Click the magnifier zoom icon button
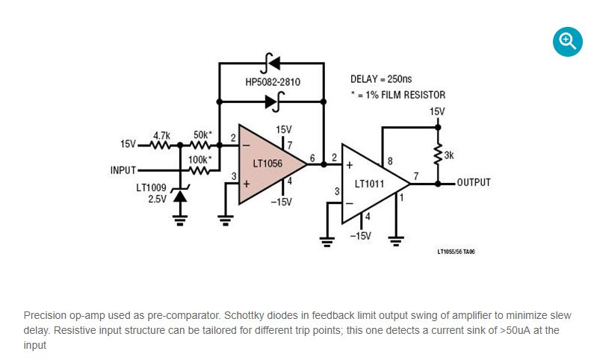[567, 42]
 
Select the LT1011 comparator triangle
[371, 182]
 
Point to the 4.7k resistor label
[161, 135]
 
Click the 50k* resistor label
[202, 135]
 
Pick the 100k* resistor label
[199, 160]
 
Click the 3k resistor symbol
[437, 155]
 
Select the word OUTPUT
[474, 182]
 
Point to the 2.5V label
[156, 199]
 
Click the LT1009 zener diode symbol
[179, 195]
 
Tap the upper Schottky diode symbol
[273, 62]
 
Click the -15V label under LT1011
[360, 236]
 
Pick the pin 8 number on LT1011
[390, 161]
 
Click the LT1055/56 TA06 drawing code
[456, 252]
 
